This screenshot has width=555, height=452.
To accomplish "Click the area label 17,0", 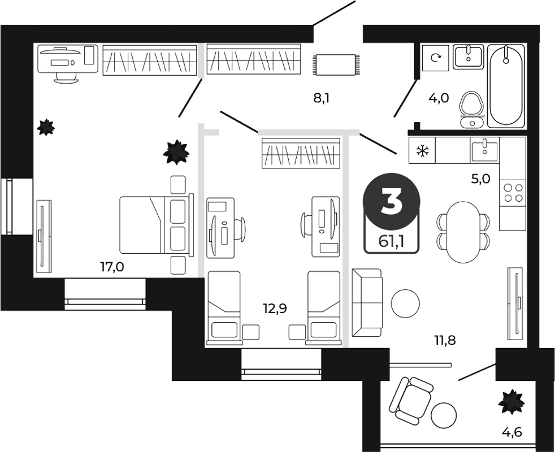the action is pos(112,267).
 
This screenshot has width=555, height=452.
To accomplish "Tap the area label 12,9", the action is pos(275,308).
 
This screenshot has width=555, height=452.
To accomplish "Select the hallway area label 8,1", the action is pos(322,98).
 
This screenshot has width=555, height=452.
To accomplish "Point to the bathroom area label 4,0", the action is pos(439,98).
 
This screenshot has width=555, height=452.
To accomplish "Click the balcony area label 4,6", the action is pos(512,432).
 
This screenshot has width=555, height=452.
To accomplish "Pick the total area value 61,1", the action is pos(391,242).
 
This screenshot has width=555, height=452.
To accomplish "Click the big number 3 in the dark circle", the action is pos(391,201).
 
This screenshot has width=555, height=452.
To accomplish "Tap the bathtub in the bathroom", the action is pos(506,86).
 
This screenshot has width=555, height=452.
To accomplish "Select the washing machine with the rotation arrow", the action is pos(435,57).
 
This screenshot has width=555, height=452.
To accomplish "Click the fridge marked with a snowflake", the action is pos(422,150).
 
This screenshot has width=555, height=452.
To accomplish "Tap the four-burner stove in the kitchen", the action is pos(513,193).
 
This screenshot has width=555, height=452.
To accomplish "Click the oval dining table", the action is pos(463,232).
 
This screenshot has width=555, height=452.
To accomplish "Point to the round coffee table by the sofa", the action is pos(405,303).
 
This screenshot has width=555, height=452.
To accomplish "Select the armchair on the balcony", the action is pos(411,401).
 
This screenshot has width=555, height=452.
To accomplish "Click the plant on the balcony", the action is pos(511,401).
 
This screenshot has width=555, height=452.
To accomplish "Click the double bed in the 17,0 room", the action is pos(157,225).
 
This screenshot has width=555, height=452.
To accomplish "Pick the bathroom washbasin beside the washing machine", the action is pos(469,56).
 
